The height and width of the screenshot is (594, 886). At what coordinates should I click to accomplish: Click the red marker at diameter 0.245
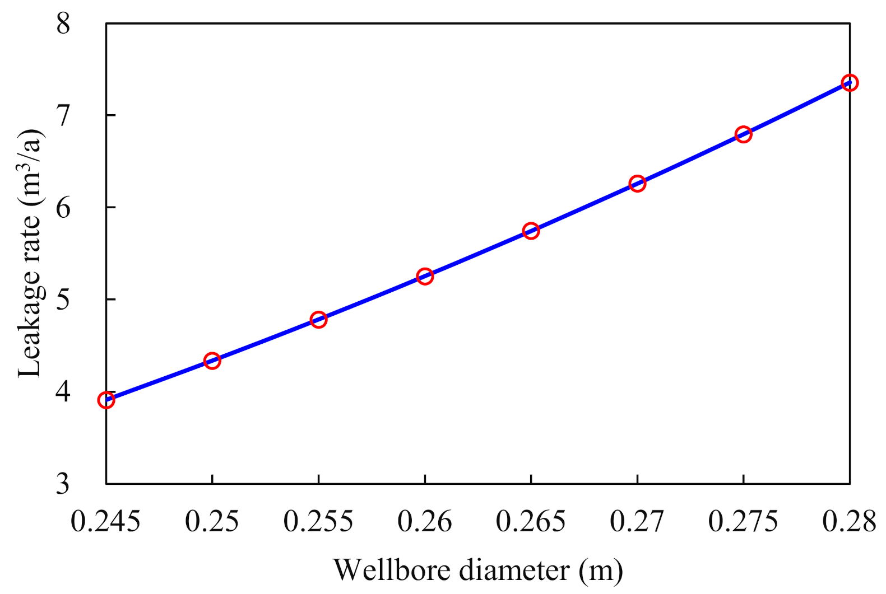click(106, 400)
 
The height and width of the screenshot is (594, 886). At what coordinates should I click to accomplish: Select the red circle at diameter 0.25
click(212, 361)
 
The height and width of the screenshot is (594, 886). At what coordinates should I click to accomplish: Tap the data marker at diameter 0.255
click(318, 320)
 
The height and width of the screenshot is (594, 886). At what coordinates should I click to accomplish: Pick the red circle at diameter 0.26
click(425, 276)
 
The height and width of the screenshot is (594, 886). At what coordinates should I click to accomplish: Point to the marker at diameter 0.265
click(531, 231)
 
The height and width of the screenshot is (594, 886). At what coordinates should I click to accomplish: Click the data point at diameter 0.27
click(637, 184)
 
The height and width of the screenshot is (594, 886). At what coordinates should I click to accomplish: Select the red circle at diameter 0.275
click(743, 134)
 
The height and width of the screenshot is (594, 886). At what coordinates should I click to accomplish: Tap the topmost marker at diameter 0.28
click(850, 83)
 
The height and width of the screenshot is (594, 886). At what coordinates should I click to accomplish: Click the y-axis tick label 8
click(63, 24)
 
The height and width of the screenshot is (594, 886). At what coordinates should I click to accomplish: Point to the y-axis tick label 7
click(63, 115)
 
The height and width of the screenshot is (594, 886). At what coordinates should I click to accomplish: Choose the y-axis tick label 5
click(63, 300)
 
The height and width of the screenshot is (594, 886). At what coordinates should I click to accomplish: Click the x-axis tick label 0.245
click(106, 522)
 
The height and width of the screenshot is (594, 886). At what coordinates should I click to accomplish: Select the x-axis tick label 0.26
click(425, 522)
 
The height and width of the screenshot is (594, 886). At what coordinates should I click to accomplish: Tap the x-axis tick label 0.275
click(743, 522)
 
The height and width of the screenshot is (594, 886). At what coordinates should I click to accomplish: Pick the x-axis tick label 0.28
click(849, 522)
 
